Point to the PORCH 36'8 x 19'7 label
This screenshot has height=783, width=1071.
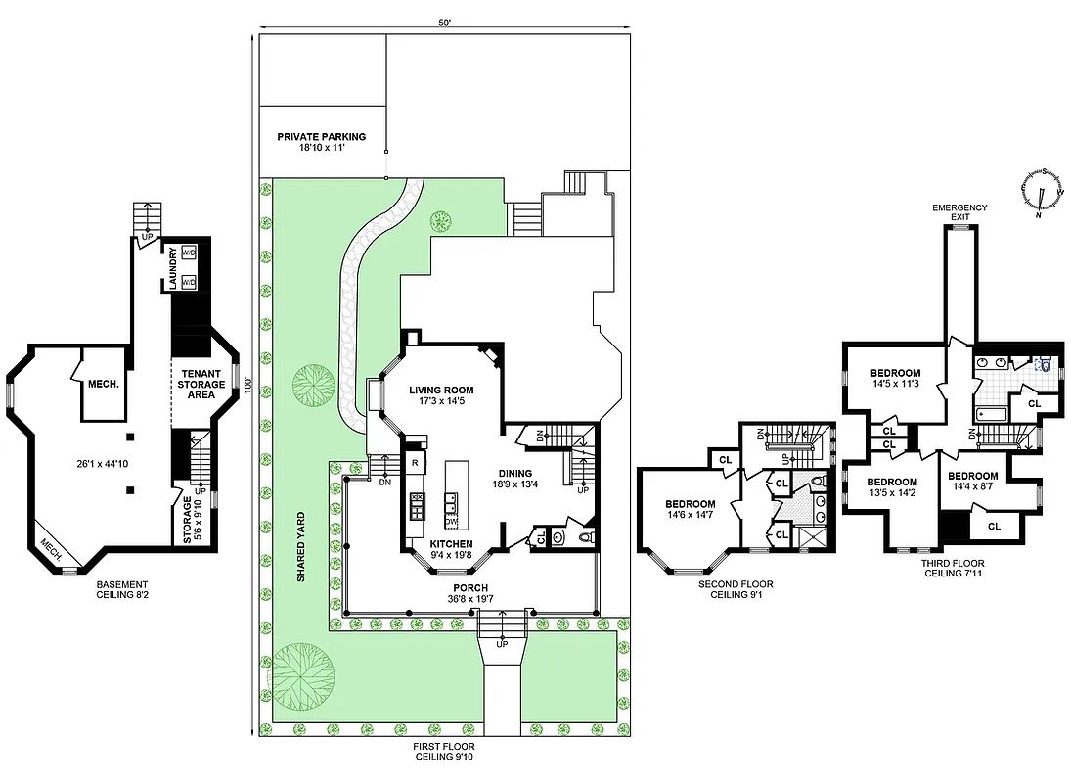469,593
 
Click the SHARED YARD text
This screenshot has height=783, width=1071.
301,548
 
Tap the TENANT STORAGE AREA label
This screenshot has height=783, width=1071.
202,384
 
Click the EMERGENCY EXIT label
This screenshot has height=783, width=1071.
959,212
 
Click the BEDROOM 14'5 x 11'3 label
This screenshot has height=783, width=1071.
895,378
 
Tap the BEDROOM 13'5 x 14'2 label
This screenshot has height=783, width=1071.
891,486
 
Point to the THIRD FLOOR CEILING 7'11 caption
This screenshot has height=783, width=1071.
954,568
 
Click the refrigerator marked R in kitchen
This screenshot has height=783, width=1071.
415,463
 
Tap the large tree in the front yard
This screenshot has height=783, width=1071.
304,676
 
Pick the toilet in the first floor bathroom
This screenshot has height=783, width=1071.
587,536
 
